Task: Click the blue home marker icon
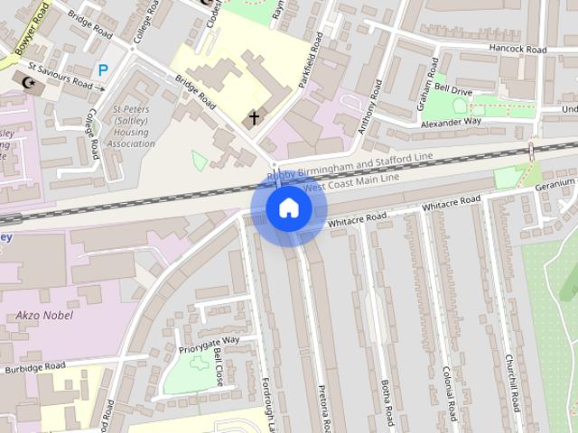pos(288,208)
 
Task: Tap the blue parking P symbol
pos(103,69)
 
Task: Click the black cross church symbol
pos(254,117)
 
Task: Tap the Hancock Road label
pos(518,49)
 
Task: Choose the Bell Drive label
pos(453,90)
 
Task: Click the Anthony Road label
pos(370,110)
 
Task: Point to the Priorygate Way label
pos(209,340)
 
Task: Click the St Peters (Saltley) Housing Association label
pos(133,126)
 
